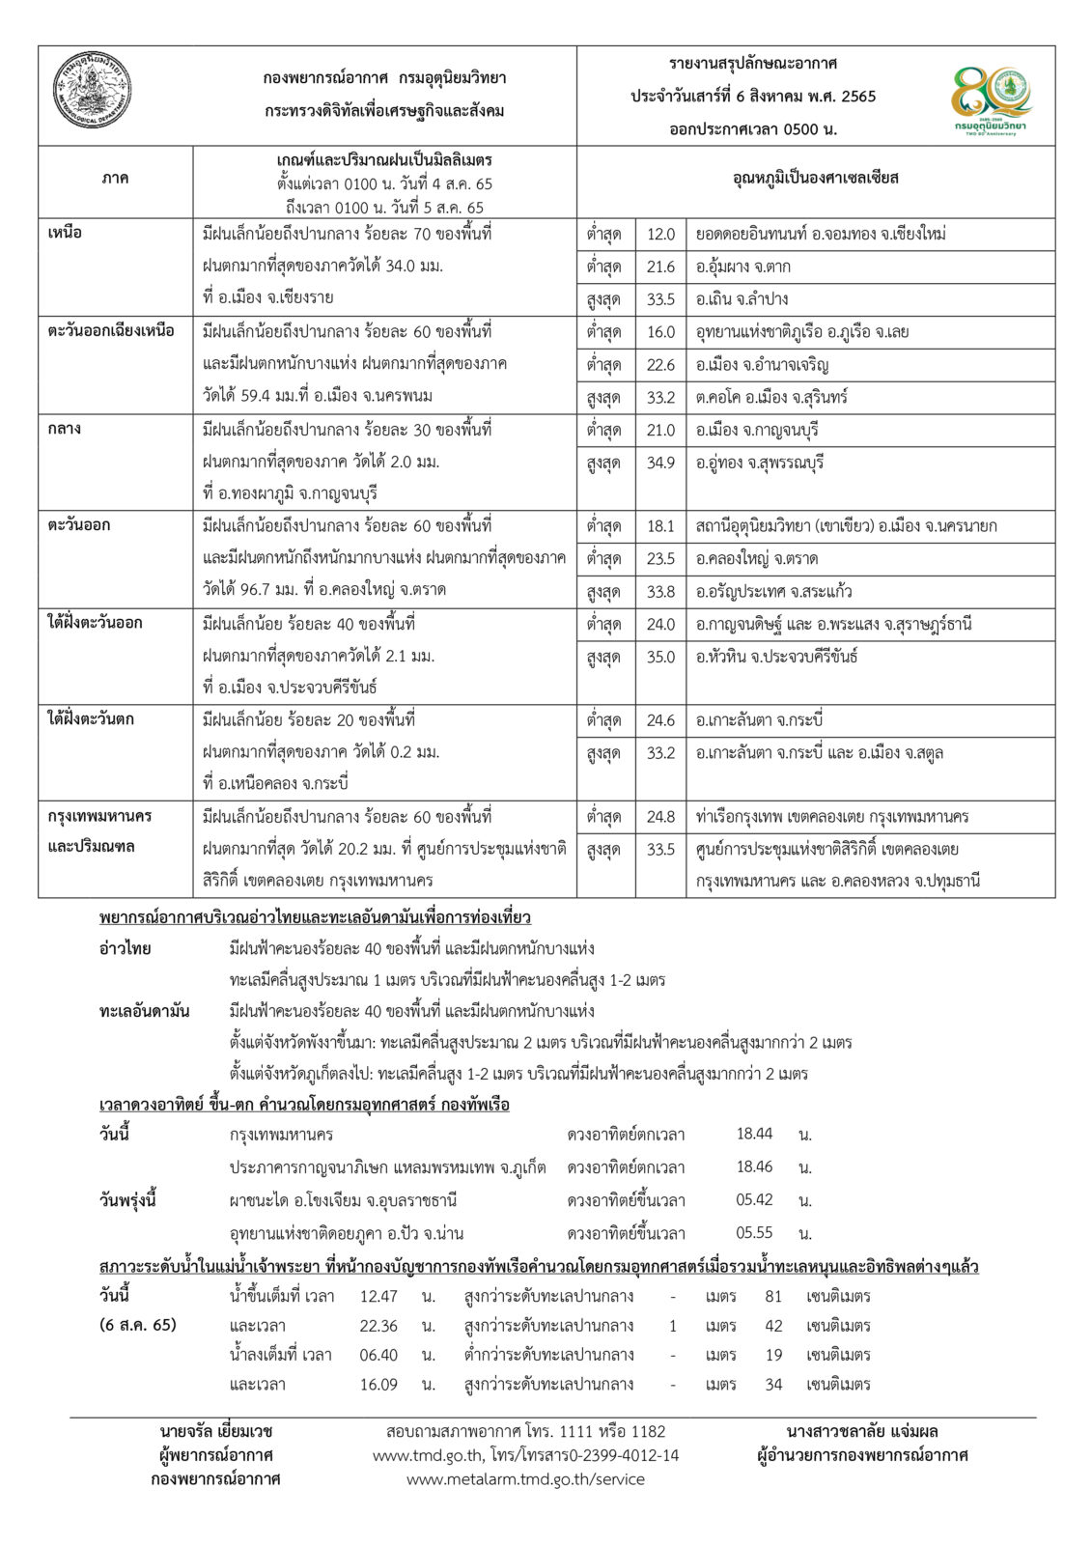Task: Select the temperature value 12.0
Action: (x=661, y=235)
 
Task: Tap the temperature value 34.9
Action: (x=661, y=463)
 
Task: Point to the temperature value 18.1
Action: (x=661, y=527)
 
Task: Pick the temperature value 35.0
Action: (x=661, y=658)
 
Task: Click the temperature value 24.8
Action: (x=661, y=818)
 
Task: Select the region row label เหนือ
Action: (x=66, y=234)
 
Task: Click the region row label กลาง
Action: (x=66, y=430)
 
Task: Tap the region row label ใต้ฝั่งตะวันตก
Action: (x=92, y=720)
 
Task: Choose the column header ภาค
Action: (x=115, y=180)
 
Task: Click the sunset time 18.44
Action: (x=754, y=1134)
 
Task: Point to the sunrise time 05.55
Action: (x=754, y=1233)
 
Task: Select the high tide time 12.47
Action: (x=378, y=1296)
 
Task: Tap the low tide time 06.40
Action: (x=378, y=1355)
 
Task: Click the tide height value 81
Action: (x=773, y=1296)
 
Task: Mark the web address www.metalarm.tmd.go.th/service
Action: (x=525, y=1479)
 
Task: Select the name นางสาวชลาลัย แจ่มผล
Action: (x=862, y=1431)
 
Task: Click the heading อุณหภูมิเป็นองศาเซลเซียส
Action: (x=816, y=180)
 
